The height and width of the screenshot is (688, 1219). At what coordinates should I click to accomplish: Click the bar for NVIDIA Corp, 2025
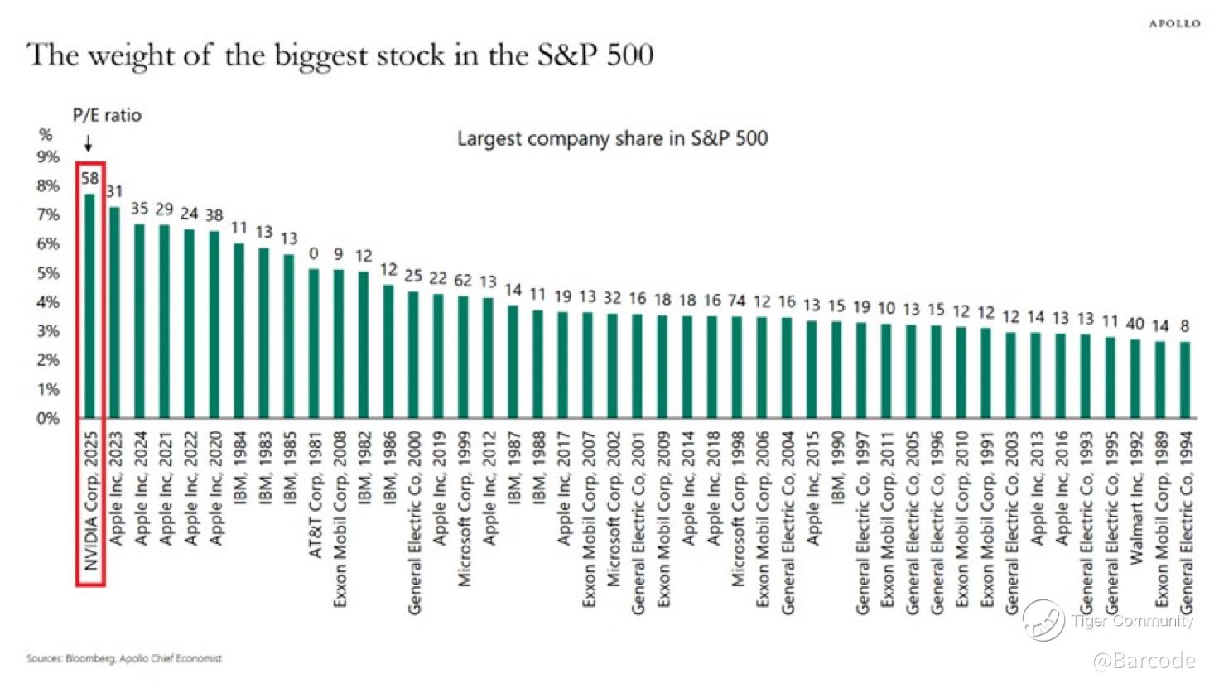(89, 306)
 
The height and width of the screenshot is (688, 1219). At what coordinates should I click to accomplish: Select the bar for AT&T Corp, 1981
(314, 343)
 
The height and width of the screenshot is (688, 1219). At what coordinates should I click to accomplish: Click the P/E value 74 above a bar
(737, 301)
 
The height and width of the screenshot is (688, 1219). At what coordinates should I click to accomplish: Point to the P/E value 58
(89, 178)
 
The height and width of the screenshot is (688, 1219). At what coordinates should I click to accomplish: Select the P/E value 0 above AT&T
(314, 253)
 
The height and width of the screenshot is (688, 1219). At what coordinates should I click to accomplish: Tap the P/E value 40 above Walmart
(1135, 324)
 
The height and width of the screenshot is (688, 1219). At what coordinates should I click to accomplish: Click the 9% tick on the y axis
(48, 157)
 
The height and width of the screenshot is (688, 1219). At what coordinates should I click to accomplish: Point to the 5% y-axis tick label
(48, 273)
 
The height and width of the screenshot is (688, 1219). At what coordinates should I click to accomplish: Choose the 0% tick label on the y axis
(48, 419)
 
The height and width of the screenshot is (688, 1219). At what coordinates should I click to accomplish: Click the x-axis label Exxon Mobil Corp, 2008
(340, 518)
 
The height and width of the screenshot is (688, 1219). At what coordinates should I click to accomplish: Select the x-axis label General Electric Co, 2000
(414, 522)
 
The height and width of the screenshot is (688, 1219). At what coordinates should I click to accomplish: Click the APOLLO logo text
(1174, 23)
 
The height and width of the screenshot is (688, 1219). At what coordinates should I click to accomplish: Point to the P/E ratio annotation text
(107, 115)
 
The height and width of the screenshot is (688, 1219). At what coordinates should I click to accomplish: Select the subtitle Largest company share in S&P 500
(612, 138)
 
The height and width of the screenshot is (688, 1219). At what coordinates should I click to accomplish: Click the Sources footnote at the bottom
(124, 659)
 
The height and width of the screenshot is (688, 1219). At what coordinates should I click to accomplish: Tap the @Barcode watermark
(1144, 661)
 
